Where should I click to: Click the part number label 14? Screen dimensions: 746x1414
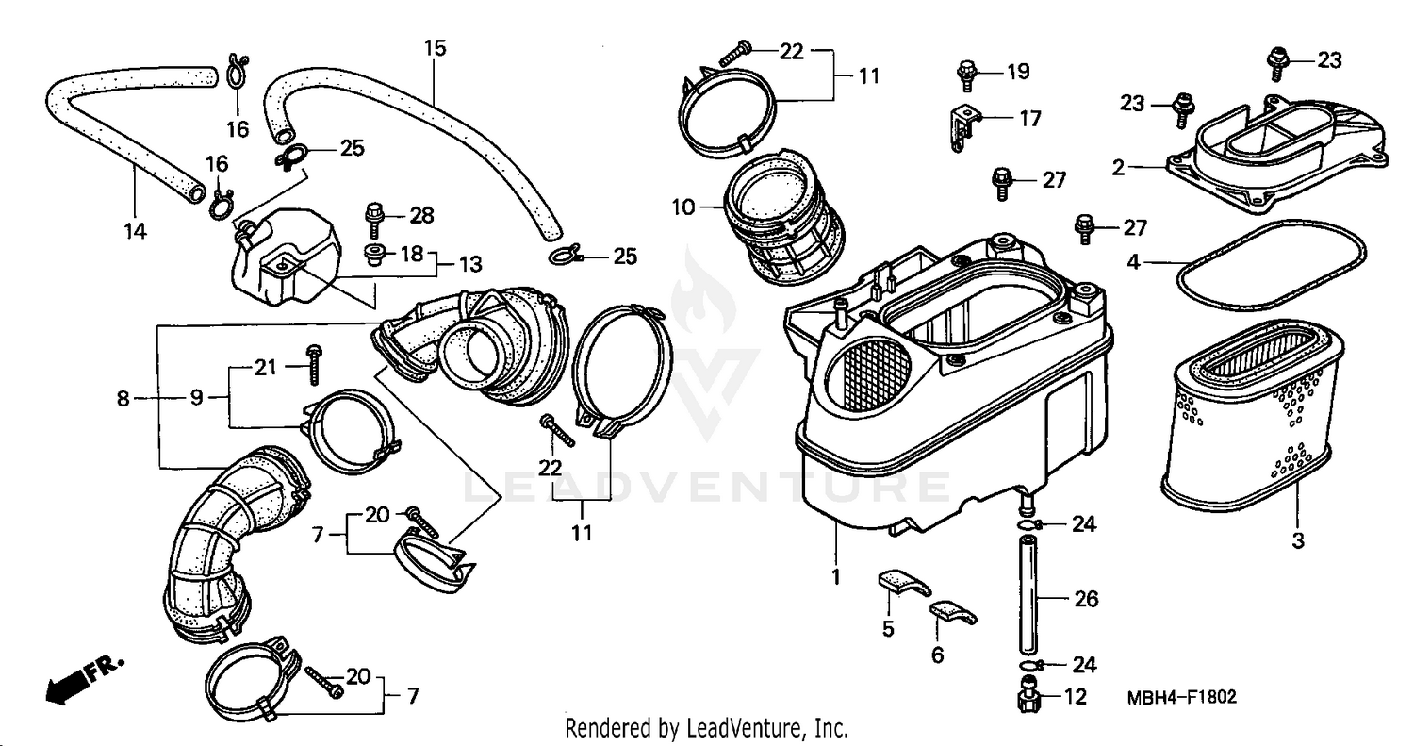pos(137,230)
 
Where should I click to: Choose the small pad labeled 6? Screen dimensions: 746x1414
pos(952,615)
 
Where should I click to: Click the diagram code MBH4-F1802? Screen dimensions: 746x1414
pos(1181,697)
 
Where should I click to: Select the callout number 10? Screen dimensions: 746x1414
pos(683,206)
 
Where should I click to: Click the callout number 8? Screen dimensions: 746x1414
pos(123,399)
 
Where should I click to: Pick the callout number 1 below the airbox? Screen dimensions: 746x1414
pos(835,574)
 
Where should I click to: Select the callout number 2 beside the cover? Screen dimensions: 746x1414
pos(1118,169)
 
